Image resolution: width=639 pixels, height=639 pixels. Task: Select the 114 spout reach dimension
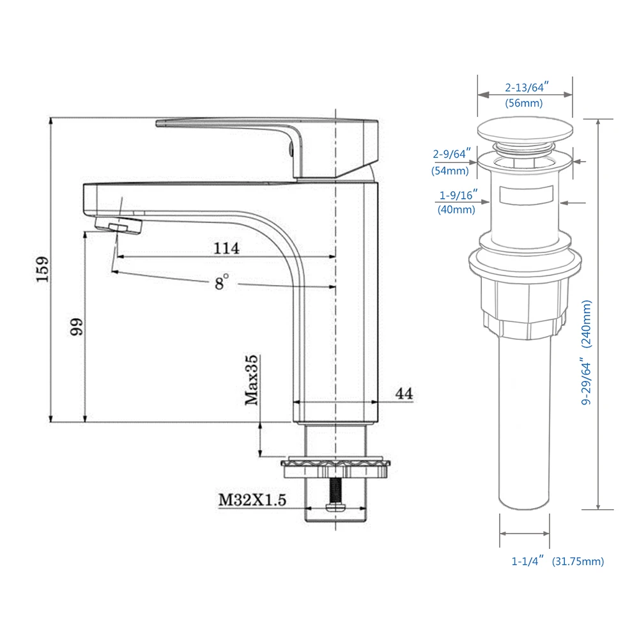(x=227, y=248)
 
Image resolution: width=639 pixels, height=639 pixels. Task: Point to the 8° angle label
(x=221, y=282)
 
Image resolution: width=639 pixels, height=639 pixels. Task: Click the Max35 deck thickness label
(x=251, y=381)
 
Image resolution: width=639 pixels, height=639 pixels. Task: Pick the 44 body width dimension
(x=403, y=394)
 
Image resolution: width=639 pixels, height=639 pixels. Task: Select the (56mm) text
(x=524, y=103)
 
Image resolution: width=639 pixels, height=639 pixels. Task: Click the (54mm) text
(x=450, y=171)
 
